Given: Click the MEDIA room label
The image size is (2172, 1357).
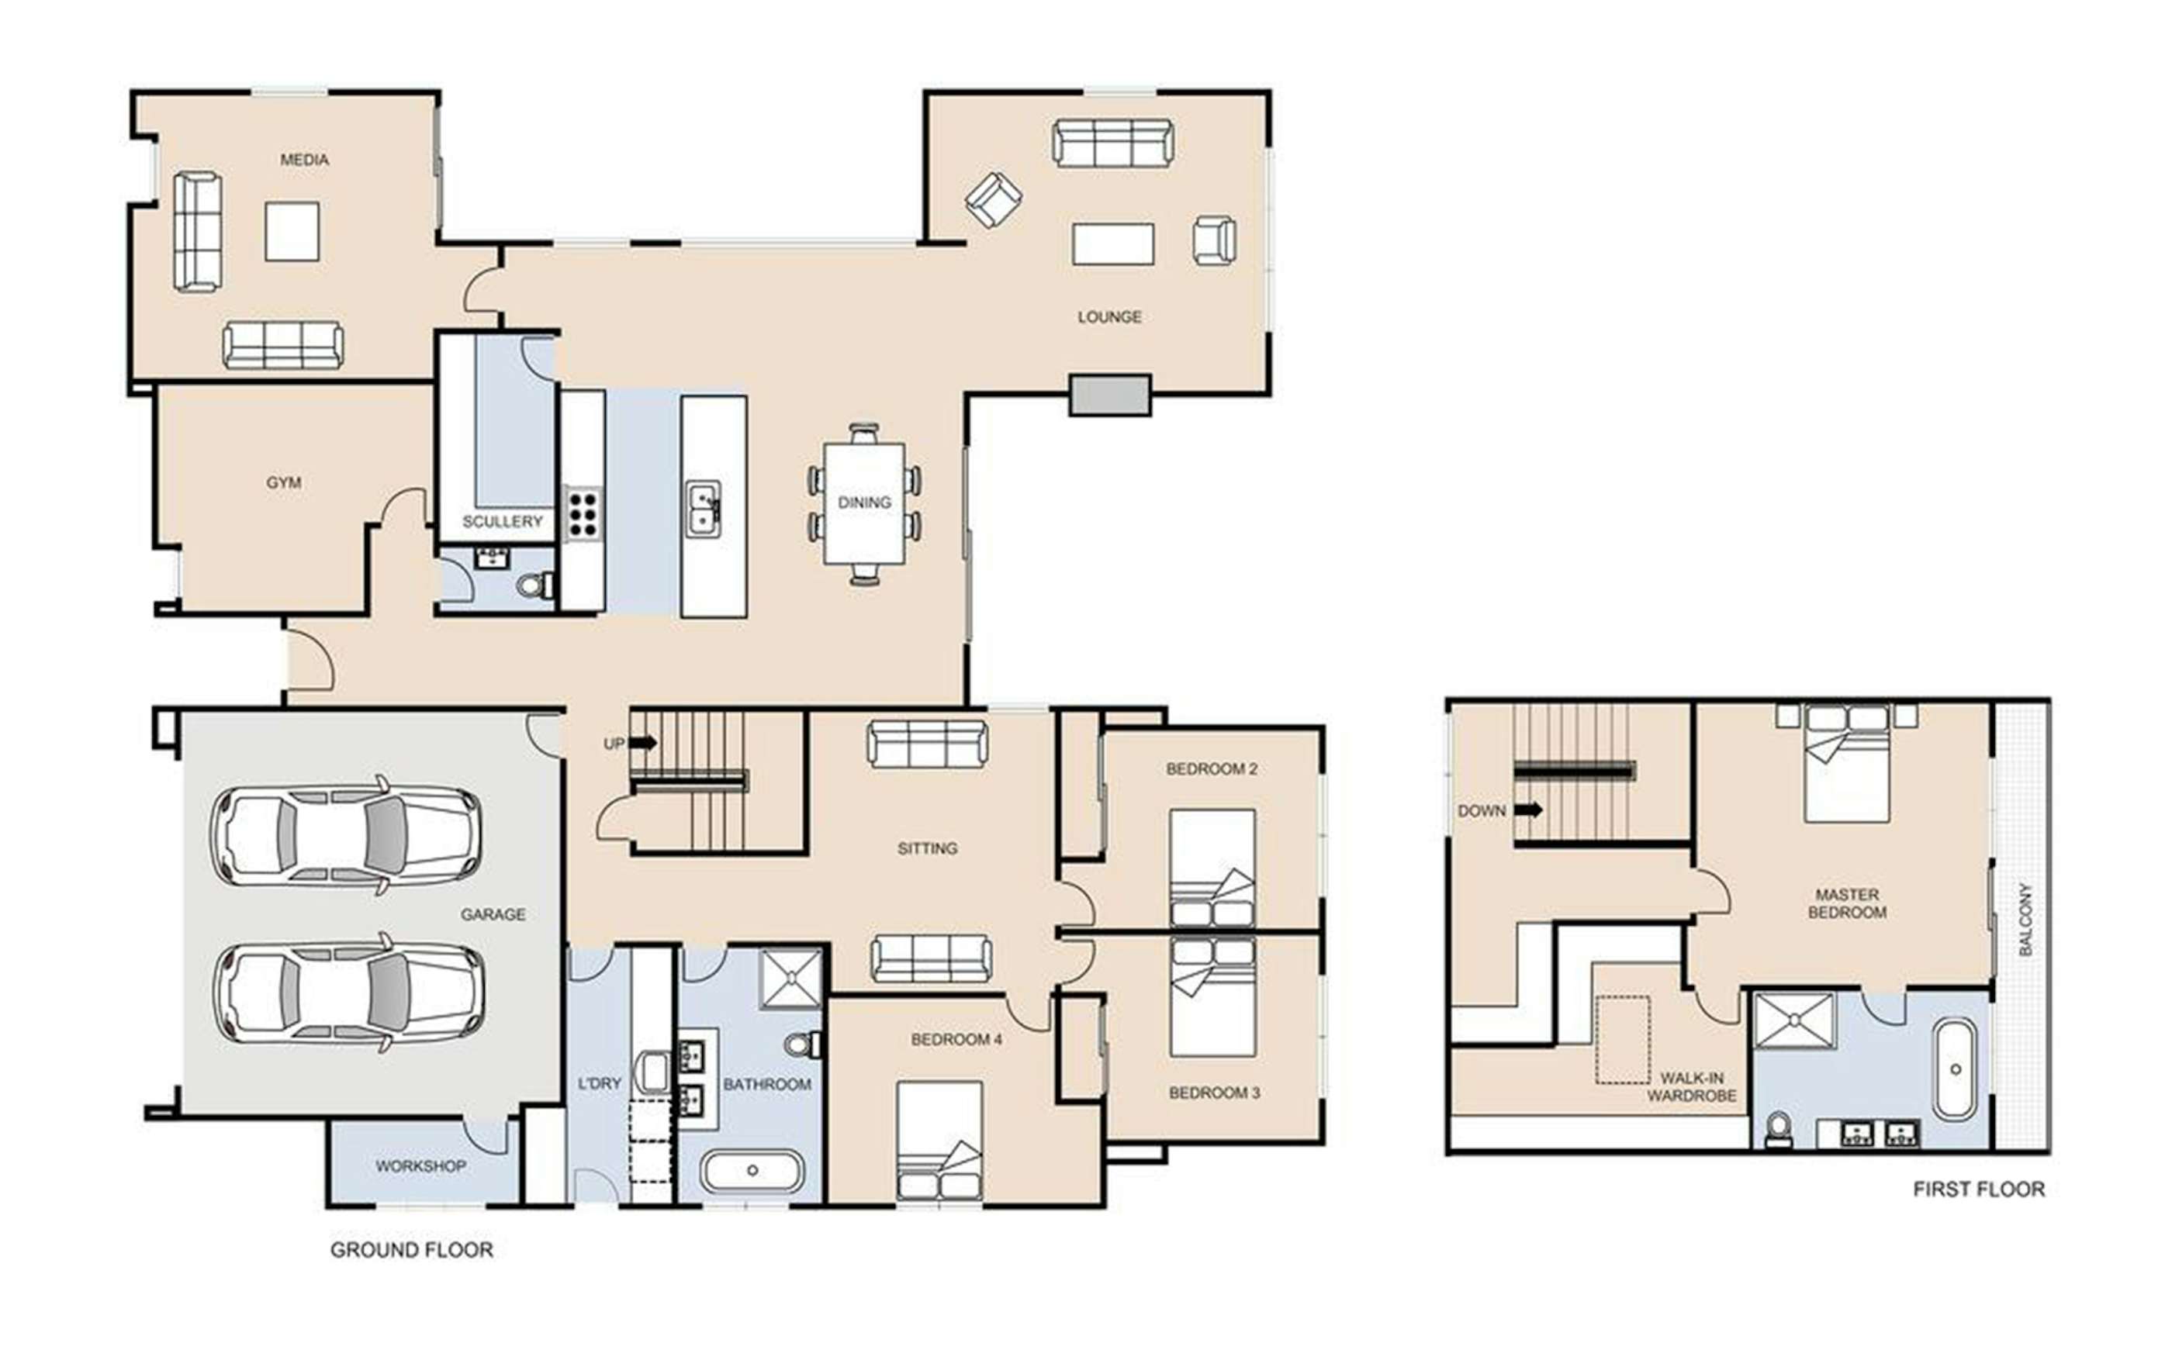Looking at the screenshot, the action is [x=304, y=160].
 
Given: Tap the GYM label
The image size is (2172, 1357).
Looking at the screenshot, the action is [x=284, y=483].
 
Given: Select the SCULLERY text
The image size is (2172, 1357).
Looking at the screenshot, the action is [x=502, y=521].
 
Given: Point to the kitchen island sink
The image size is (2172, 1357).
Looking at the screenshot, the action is [x=704, y=509].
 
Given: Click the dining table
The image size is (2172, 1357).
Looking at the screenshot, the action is [x=864, y=503].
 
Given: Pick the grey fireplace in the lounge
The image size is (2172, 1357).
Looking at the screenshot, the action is [x=1109, y=395].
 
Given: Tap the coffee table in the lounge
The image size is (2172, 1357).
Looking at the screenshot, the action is [x=1113, y=244].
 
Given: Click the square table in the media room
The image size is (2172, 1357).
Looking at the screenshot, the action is [x=292, y=232].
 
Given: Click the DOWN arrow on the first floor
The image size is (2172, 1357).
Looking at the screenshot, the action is [x=1528, y=810].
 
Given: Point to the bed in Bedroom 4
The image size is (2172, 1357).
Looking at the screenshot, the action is [x=939, y=1140].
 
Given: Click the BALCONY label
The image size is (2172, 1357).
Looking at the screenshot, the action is [x=2025, y=919].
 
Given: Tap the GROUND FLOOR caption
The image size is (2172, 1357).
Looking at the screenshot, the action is [x=412, y=1249].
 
